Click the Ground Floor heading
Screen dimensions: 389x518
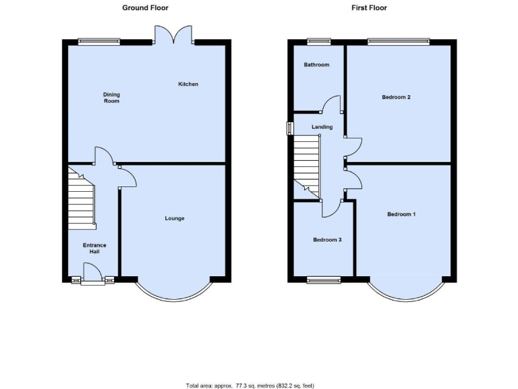[x=145, y=8]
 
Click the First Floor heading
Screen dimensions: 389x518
[x=369, y=8]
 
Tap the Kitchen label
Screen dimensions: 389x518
[x=188, y=84]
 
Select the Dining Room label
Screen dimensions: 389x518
[x=111, y=98]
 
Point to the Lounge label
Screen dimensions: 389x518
[x=175, y=218]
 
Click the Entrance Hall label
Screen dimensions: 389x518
[x=94, y=249]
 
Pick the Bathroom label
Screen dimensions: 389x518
[x=316, y=65]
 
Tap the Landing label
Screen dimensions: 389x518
[x=322, y=126]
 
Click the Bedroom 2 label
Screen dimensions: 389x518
[x=396, y=97]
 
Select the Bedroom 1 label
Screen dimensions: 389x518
[x=401, y=214]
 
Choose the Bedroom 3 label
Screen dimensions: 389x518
[x=327, y=239]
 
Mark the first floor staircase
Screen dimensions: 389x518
[x=306, y=165]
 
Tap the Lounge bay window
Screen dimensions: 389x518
[x=174, y=292]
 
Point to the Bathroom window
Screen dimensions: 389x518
[x=319, y=42]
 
